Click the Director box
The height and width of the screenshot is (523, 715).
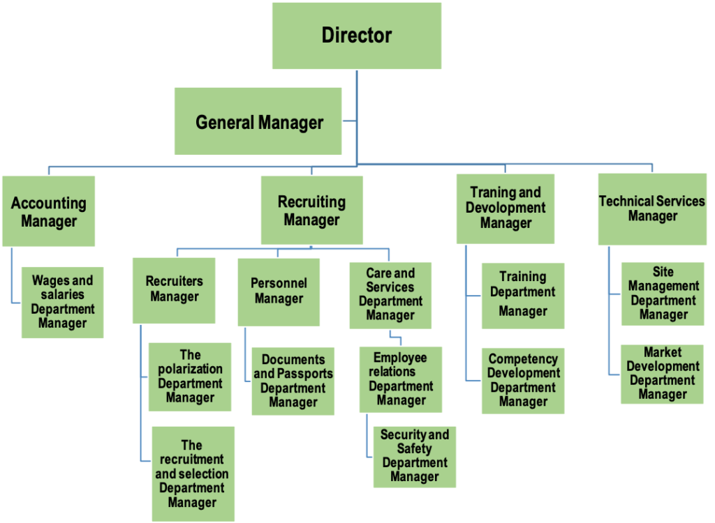point(357,36)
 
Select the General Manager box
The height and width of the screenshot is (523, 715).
point(258,121)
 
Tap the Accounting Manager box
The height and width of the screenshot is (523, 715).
point(49,211)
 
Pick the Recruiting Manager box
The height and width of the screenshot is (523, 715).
point(311,210)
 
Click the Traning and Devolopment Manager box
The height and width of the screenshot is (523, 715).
point(506,208)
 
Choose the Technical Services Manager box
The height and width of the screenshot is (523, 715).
point(652,209)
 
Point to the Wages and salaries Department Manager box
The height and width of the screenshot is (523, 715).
point(62,302)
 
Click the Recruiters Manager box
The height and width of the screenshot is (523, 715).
point(174,289)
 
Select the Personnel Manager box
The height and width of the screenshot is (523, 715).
point(279,291)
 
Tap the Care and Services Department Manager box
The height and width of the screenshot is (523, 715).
point(390,294)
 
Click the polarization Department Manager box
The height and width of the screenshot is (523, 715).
point(190,377)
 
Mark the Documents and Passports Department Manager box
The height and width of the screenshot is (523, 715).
point(293,381)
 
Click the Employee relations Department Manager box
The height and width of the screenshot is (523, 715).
point(401,379)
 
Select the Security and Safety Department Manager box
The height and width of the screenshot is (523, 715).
point(415,456)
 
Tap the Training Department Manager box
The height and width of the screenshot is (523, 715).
point(522,296)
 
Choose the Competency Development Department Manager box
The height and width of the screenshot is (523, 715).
point(523,381)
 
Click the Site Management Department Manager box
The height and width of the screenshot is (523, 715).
point(663,294)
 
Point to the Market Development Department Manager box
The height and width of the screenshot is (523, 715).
point(663,374)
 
